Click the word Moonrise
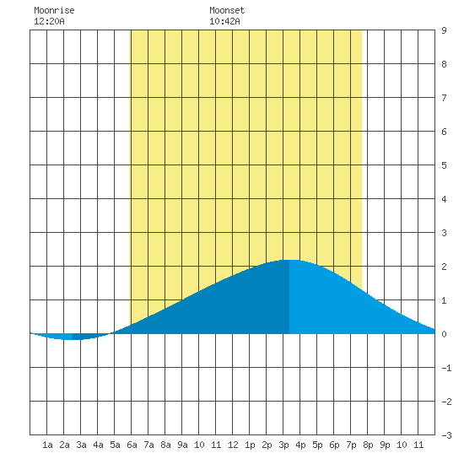tap(54, 10)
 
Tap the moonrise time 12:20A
tap(49, 21)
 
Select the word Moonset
tap(227, 10)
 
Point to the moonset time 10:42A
tap(224, 21)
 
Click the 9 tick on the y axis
tap(444, 30)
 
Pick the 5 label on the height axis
tap(444, 165)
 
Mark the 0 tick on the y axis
tap(444, 334)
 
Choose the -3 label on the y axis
tap(446, 435)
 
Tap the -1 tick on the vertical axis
tap(446, 368)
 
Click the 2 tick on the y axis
tap(444, 267)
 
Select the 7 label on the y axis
tap(444, 98)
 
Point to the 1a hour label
tap(47, 445)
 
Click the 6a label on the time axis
tap(132, 445)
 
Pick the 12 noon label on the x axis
tap(233, 445)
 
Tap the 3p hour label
tap(283, 445)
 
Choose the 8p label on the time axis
tap(368, 445)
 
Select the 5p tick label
tap(317, 445)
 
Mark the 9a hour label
tap(182, 445)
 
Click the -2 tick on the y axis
tap(446, 402)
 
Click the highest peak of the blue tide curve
tap(289, 260)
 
